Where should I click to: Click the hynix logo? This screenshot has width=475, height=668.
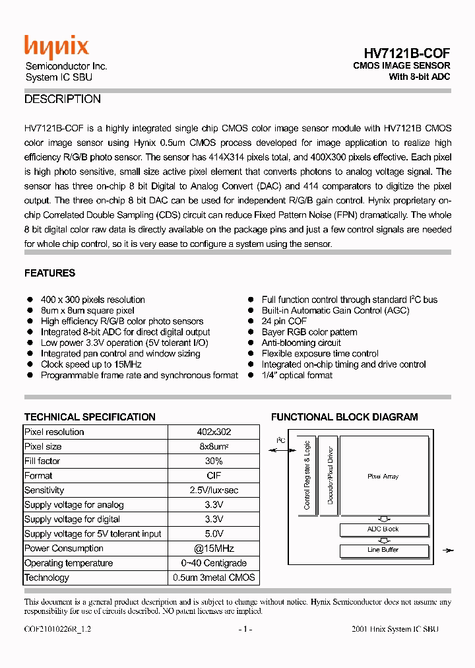pos(56,47)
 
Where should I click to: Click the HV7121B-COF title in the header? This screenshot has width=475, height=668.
pos(407,53)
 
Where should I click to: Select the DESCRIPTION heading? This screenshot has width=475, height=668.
pos(63,100)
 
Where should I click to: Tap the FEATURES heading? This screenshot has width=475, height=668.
pos(49,273)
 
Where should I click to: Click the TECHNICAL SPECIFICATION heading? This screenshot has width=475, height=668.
pos(90,417)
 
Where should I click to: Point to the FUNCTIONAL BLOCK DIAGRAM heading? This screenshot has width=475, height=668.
pos(344,417)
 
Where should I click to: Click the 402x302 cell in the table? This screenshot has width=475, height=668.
pos(214,432)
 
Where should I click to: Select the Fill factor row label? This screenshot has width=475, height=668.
pos(42,461)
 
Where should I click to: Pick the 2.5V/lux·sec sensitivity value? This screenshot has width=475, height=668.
pos(214,490)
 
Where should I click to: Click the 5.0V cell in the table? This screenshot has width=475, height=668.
pos(214,534)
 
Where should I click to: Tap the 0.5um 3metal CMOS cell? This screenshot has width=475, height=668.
pos(214,578)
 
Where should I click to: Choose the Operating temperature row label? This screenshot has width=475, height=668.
pos(69,563)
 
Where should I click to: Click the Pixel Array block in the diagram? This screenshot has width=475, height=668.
pos(383,477)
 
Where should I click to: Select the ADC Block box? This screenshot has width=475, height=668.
pos(383,529)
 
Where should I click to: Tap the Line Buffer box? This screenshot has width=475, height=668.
pos(383,550)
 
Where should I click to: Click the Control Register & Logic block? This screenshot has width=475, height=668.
pos(307,475)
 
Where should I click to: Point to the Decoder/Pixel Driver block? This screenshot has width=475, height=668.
pos(330,475)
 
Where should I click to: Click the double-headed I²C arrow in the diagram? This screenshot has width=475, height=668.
pos(282,451)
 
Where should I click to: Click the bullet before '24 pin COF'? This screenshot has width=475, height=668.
pos(251,321)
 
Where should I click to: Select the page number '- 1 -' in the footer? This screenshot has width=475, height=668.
pos(245,630)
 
